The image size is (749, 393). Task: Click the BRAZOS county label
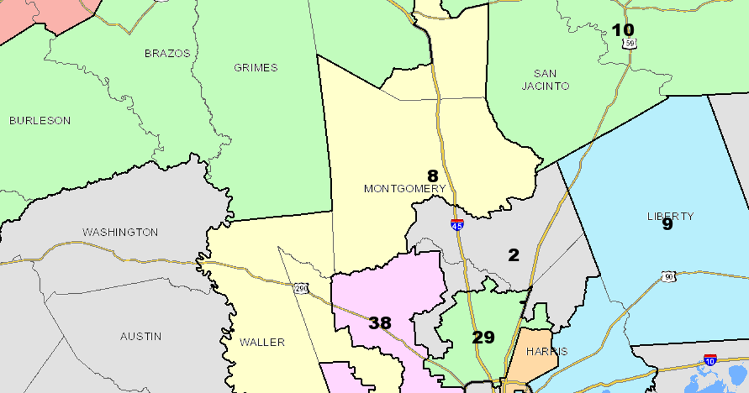(167, 54)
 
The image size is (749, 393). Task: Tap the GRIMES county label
(256, 67)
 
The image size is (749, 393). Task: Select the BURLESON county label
(40, 120)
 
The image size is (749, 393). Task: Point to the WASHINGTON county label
(120, 232)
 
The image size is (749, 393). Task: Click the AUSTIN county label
(141, 336)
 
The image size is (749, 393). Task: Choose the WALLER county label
(262, 342)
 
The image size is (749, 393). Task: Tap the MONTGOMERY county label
(405, 188)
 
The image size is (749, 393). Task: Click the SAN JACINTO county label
(546, 80)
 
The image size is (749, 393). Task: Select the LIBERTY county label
(670, 216)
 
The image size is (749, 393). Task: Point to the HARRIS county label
(547, 351)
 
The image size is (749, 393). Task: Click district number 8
(433, 176)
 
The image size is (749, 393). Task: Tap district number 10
(622, 30)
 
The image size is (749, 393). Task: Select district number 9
(667, 225)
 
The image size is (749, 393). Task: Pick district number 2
(513, 255)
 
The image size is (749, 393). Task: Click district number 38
(379, 323)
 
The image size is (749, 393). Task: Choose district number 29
(483, 337)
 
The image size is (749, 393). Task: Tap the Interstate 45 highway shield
(457, 225)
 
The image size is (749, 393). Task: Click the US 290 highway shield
(301, 288)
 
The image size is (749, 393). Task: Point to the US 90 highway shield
(668, 276)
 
